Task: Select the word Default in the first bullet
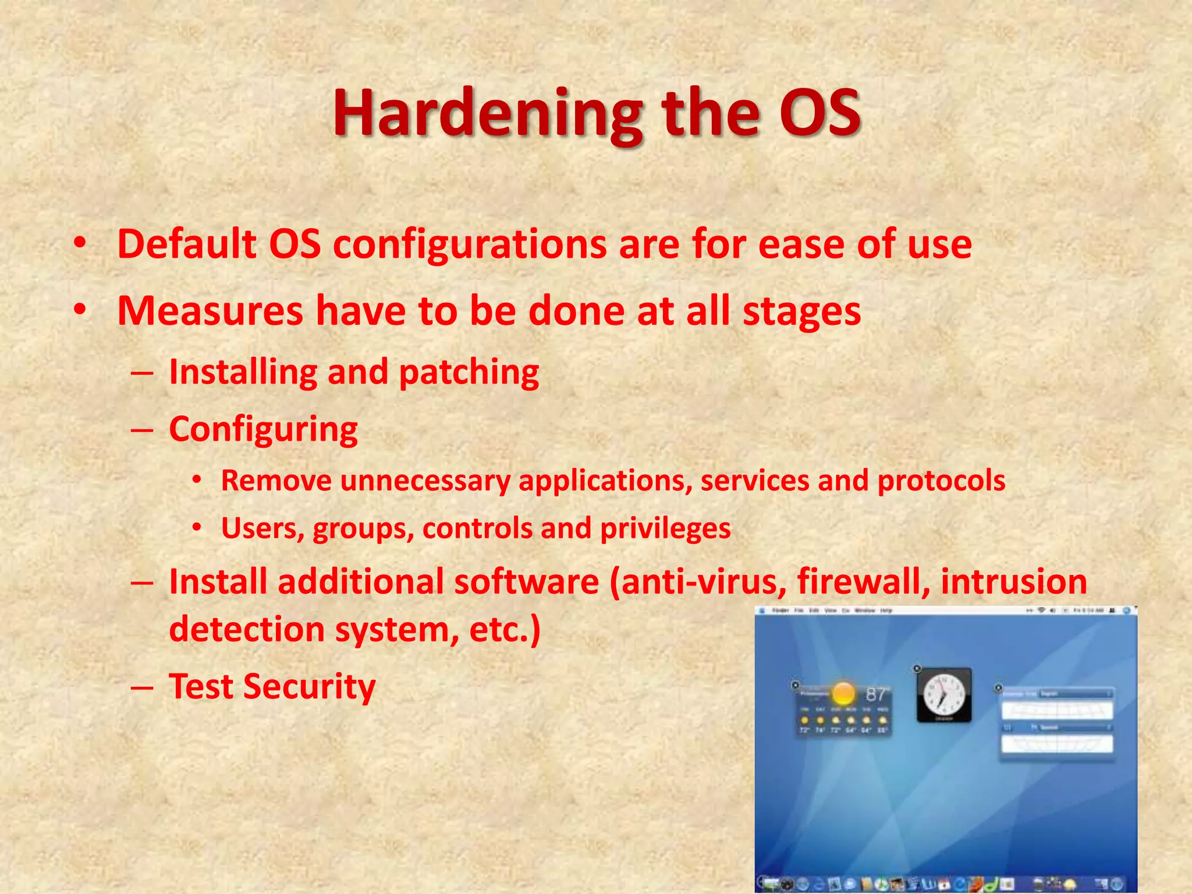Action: (187, 244)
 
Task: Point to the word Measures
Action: (210, 311)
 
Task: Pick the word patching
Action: (469, 372)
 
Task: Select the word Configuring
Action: (263, 430)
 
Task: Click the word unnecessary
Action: (425, 481)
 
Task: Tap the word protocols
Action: (941, 481)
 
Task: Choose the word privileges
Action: (665, 529)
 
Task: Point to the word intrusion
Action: (1013, 581)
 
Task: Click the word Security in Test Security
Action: (309, 687)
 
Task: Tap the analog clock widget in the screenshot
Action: (943, 696)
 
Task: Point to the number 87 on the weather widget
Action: (875, 694)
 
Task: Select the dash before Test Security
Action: (142, 687)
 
